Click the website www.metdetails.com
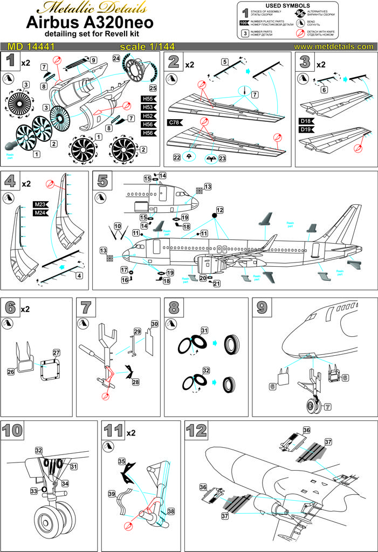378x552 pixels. [333, 46]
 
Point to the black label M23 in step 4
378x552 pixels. [40, 204]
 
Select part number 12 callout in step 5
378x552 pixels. [219, 209]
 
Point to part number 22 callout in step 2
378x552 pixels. [176, 157]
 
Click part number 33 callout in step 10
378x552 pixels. [33, 491]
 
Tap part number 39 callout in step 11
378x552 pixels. [112, 493]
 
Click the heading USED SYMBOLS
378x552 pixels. [307, 5]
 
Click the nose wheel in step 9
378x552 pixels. [313, 403]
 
